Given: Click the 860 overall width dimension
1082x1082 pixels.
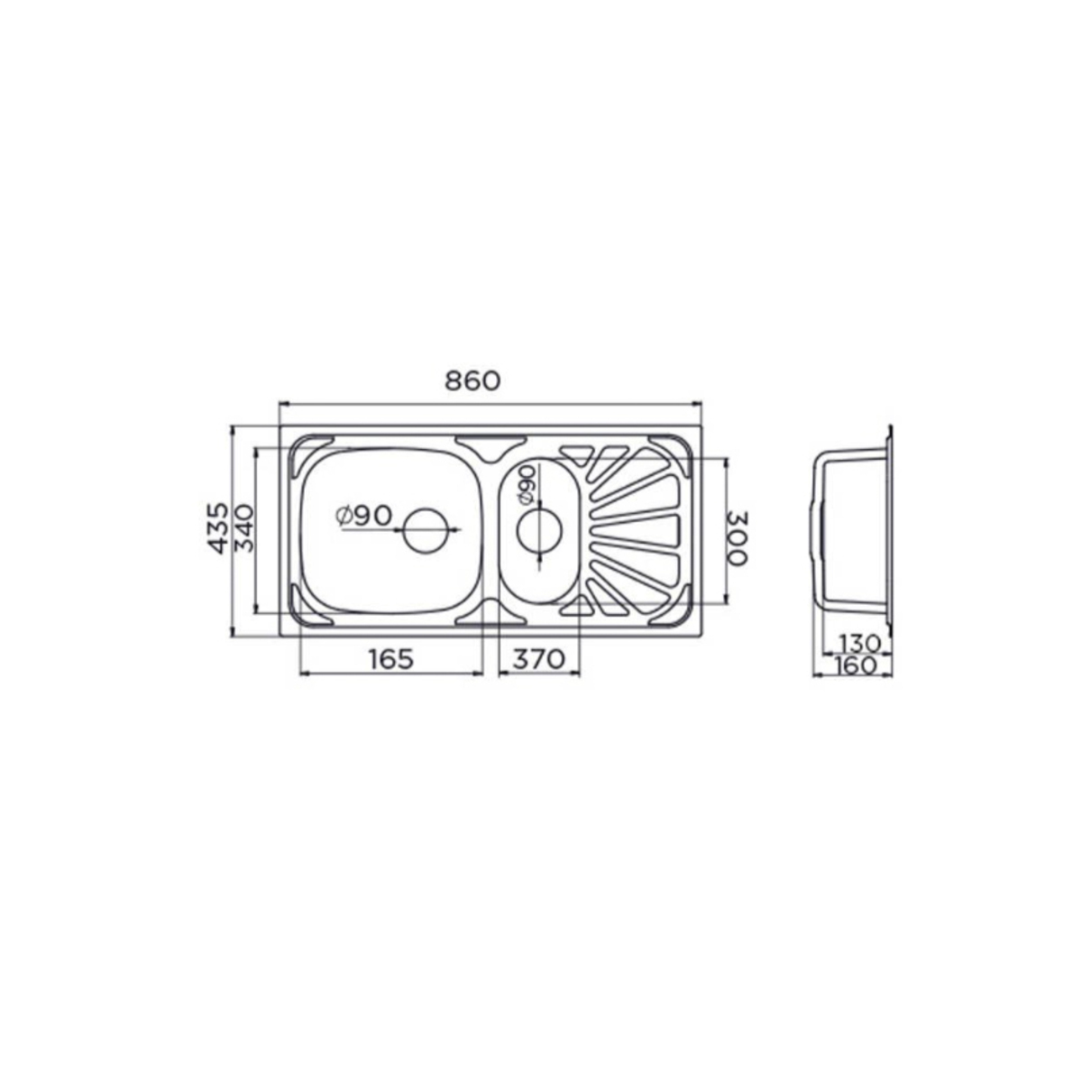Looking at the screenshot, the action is pyautogui.click(x=472, y=381).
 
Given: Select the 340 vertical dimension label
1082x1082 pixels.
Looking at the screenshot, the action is pyautogui.click(x=243, y=528).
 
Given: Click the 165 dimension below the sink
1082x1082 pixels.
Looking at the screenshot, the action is pyautogui.click(x=391, y=658).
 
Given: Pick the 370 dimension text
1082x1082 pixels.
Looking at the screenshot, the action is pyautogui.click(x=538, y=658).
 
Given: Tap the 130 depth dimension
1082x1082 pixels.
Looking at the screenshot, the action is pyautogui.click(x=859, y=642).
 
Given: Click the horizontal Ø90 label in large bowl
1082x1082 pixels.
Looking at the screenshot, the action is pyautogui.click(x=363, y=516).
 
